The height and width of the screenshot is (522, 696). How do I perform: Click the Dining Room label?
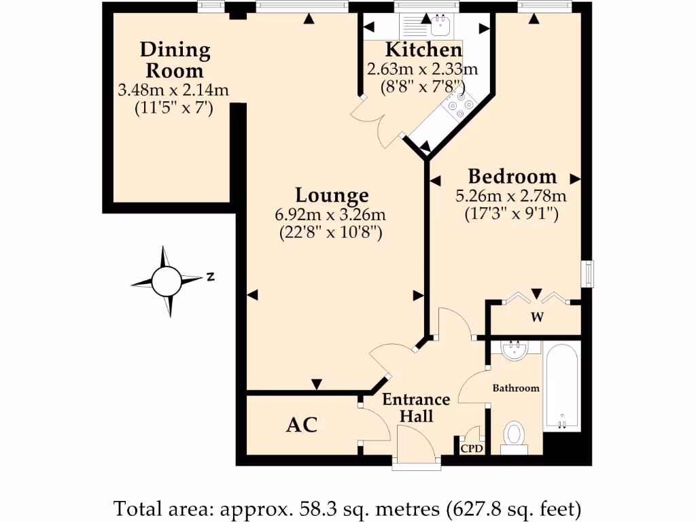click(x=175, y=60)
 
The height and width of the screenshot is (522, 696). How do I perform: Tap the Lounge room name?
click(x=332, y=196)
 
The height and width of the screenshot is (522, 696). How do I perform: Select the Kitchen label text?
click(x=423, y=50)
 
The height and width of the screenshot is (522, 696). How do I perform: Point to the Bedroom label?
click(x=512, y=177)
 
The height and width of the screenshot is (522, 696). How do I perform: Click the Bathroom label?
click(x=516, y=388)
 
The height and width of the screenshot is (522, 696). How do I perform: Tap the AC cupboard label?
click(x=302, y=425)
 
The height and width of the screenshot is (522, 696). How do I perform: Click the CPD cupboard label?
click(x=472, y=449)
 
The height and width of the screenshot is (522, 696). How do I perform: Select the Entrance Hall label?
click(x=416, y=408)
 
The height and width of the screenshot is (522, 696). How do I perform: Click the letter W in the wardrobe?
click(x=536, y=316)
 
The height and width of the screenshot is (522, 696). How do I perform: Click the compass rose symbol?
click(x=166, y=281)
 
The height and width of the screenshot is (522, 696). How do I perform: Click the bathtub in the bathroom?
click(x=561, y=387)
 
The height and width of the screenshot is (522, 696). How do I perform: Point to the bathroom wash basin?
click(x=515, y=350)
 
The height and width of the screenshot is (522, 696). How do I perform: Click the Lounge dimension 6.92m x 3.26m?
click(x=330, y=215)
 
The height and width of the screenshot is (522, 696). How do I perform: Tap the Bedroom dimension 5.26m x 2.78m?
click(x=511, y=197)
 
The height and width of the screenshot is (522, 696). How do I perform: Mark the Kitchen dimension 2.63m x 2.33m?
click(x=422, y=69)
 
